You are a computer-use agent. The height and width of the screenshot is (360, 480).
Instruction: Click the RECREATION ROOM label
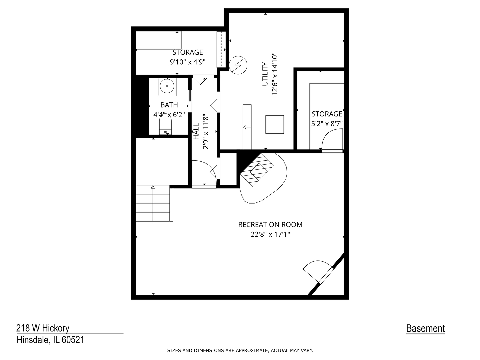click(270, 225)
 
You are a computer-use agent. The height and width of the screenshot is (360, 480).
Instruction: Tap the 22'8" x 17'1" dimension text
click(270, 234)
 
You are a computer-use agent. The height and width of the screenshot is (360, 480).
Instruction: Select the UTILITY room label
click(265, 74)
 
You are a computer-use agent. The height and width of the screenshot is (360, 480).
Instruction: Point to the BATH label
click(169, 105)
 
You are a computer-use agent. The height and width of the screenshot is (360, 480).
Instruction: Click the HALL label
click(196, 131)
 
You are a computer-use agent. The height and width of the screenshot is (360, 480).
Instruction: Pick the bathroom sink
click(167, 86)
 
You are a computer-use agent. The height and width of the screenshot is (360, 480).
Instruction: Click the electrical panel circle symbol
click(238, 65)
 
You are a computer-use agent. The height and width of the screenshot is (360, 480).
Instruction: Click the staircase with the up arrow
click(153, 203)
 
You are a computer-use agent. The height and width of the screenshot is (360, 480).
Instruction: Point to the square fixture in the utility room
click(274, 124)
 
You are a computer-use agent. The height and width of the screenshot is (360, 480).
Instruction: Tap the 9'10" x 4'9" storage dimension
click(187, 62)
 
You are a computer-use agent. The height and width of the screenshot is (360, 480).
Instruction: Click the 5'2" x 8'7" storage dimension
click(327, 124)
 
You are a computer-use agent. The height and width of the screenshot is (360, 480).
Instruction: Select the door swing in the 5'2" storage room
click(331, 140)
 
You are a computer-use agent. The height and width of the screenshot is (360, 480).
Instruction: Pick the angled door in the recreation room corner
click(318, 272)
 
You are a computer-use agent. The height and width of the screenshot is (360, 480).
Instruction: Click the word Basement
click(425, 329)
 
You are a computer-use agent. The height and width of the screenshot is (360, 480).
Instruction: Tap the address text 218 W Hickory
click(43, 328)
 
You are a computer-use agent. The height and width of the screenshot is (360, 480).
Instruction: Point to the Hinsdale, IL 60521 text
click(50, 340)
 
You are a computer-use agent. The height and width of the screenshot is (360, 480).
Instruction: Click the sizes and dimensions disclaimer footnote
click(240, 350)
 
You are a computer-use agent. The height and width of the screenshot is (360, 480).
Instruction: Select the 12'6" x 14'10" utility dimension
click(275, 74)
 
